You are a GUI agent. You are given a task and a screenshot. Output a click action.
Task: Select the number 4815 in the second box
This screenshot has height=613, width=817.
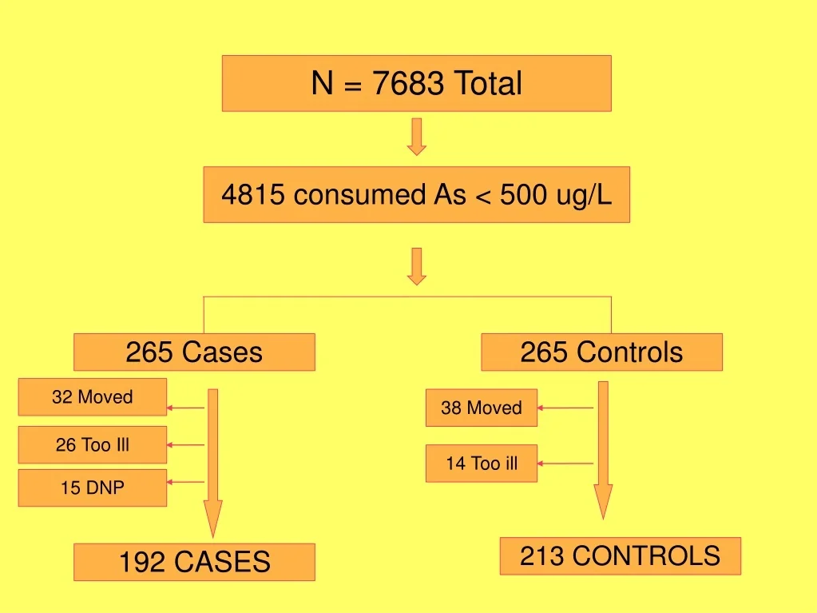click(x=253, y=194)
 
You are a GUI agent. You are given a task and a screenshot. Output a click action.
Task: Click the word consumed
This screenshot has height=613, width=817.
click(x=359, y=194)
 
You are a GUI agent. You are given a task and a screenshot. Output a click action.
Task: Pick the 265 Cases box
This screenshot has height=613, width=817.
click(x=194, y=352)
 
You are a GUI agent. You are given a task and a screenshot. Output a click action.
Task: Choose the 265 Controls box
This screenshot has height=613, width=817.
click(x=602, y=352)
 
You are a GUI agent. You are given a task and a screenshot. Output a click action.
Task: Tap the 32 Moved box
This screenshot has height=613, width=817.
click(x=93, y=396)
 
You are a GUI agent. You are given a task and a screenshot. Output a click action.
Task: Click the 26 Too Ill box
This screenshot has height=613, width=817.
click(x=93, y=444)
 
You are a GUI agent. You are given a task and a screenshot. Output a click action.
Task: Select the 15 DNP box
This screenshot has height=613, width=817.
click(x=93, y=488)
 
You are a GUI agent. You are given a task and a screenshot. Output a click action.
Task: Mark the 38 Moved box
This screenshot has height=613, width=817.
click(x=482, y=408)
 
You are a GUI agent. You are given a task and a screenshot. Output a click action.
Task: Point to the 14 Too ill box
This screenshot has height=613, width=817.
click(x=482, y=463)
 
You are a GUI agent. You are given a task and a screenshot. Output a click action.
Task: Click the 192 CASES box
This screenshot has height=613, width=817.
click(x=194, y=562)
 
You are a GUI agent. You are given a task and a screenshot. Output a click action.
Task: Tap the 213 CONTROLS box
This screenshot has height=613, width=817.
click(x=620, y=556)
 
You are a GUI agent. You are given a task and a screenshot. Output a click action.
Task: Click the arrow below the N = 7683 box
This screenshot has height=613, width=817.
click(x=417, y=137)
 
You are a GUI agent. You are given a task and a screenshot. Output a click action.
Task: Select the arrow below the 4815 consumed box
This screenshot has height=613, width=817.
click(x=417, y=266)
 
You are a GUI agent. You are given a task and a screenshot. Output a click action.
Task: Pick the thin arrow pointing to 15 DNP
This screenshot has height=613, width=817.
click(x=185, y=482)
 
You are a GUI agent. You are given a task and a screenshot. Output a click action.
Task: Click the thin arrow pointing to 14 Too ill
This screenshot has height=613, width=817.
click(x=565, y=463)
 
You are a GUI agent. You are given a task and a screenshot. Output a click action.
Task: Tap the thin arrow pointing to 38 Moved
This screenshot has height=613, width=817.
click(x=565, y=408)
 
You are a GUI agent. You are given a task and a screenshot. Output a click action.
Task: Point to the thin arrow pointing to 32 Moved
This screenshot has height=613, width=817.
click(x=185, y=408)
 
